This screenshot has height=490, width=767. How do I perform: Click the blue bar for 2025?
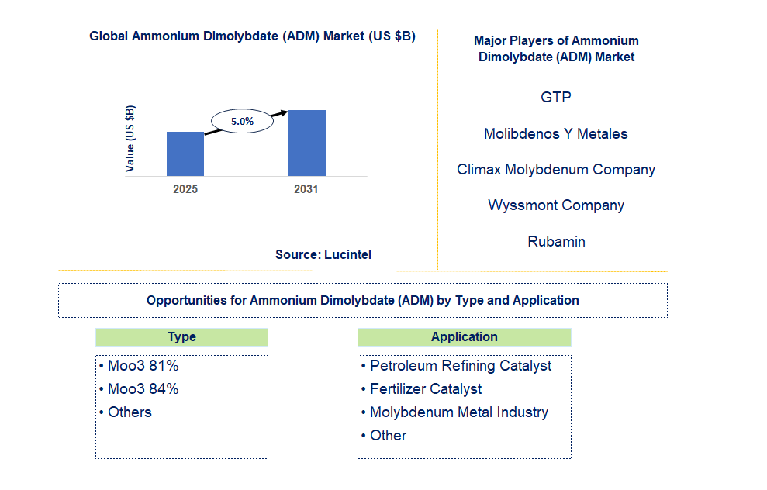click(x=185, y=154)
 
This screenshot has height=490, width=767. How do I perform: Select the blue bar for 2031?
click(x=306, y=143)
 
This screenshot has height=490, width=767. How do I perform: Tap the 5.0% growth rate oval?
click(x=242, y=121)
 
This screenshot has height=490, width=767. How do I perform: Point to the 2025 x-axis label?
click(x=185, y=189)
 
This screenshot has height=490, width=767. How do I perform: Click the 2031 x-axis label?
click(x=306, y=189)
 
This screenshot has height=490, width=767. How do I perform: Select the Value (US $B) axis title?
click(x=130, y=139)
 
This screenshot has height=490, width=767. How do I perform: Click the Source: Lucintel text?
click(x=323, y=254)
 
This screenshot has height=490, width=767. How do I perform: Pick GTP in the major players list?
click(x=556, y=98)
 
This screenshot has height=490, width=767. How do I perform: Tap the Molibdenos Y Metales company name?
click(x=556, y=133)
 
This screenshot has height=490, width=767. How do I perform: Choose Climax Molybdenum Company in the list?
click(x=556, y=170)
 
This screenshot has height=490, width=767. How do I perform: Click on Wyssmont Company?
click(x=556, y=205)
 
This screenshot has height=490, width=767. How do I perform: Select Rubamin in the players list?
click(x=556, y=242)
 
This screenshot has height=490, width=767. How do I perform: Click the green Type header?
click(x=182, y=337)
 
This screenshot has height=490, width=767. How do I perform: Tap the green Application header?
click(x=465, y=337)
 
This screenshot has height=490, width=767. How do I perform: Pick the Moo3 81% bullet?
click(x=139, y=366)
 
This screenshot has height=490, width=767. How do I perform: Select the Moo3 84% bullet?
click(x=139, y=389)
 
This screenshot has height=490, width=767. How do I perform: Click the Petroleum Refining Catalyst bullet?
click(x=456, y=366)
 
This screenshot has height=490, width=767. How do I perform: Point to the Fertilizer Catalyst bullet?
click(x=422, y=389)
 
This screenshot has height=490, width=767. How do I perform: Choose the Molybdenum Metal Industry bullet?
click(x=455, y=412)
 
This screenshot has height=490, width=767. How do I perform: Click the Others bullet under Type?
click(x=125, y=412)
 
